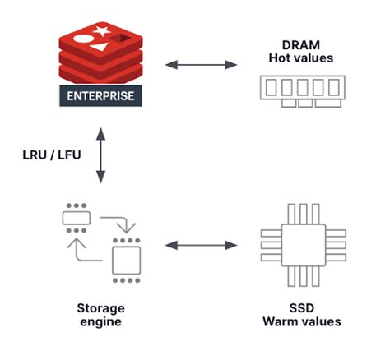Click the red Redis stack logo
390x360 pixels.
[x=101, y=53]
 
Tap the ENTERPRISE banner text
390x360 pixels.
[x=101, y=95]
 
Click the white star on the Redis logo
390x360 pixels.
[x=103, y=32]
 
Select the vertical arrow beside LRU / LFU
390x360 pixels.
[x=100, y=155]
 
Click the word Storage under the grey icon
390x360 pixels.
[x=101, y=309]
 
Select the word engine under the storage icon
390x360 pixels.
[x=101, y=322]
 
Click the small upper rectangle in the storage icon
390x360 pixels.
[x=76, y=219]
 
